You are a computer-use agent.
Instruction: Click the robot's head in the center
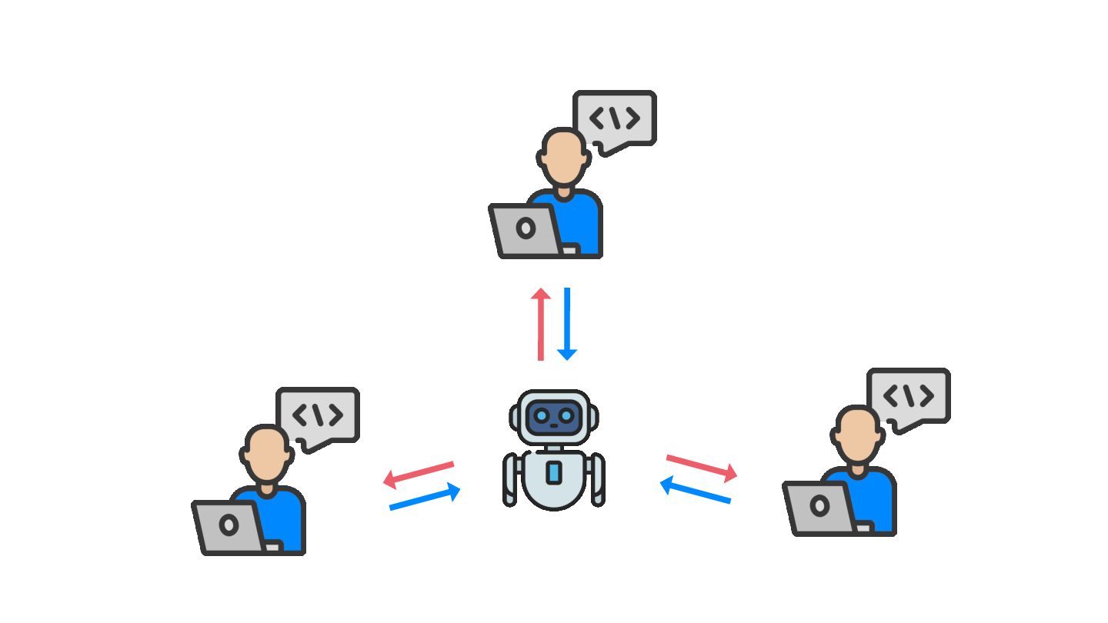(x=554, y=416)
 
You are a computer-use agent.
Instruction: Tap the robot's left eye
(x=542, y=416)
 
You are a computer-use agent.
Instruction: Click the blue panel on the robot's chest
(x=554, y=473)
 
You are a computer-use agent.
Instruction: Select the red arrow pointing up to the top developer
(x=541, y=324)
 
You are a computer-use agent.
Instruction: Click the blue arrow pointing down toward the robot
(x=567, y=324)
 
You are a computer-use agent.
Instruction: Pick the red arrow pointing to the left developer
(x=419, y=474)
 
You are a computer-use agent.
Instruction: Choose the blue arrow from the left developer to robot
(x=426, y=498)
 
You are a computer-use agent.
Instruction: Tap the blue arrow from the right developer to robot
(x=696, y=491)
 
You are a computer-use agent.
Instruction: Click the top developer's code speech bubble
(x=615, y=118)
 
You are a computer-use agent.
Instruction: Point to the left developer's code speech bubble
(x=319, y=415)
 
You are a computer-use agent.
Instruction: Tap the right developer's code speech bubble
(x=909, y=396)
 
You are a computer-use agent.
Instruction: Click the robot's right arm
(x=597, y=478)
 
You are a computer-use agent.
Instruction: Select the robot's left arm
(x=510, y=478)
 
